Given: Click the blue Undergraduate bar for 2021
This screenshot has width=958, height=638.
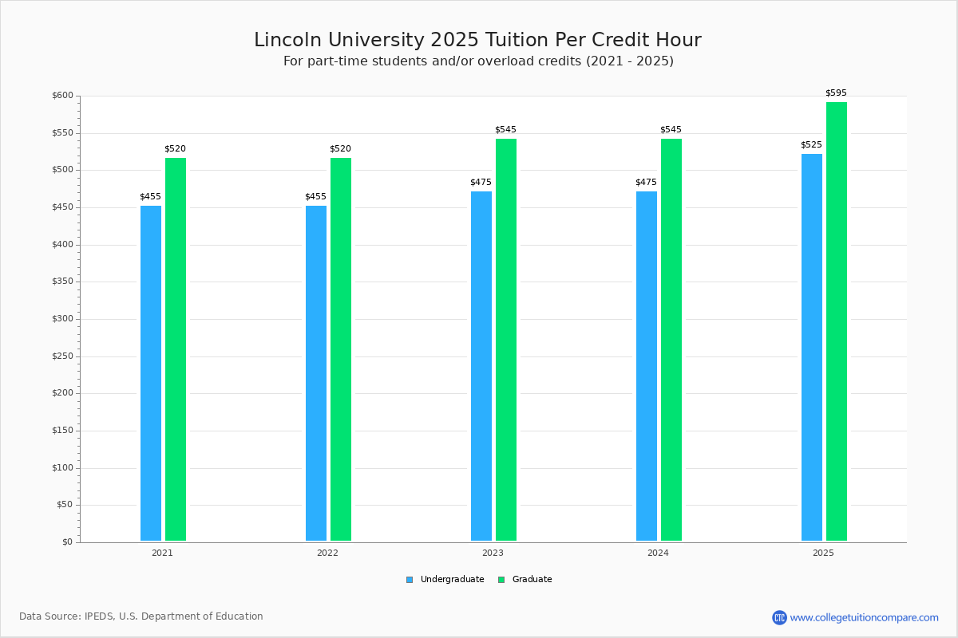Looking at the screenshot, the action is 151,373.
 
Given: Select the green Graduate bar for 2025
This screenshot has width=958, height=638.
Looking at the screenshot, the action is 837,321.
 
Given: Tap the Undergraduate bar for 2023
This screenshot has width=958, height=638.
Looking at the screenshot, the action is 481,366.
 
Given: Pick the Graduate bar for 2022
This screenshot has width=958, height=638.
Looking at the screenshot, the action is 341,349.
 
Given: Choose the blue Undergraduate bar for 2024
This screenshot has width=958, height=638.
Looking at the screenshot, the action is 647,366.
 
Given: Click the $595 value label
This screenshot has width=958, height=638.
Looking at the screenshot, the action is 836,93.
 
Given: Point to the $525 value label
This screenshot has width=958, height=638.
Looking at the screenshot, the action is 811,144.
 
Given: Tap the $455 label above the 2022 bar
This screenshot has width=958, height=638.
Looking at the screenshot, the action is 315,196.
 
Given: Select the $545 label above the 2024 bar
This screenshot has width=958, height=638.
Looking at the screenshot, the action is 671,129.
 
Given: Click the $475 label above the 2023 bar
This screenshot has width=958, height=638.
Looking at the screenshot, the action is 481,182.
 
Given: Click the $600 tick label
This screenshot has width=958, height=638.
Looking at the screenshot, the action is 62,95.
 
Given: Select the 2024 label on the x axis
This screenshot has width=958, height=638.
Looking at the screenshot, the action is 658,553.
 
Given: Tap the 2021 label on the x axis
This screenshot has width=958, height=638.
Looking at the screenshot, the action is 162,553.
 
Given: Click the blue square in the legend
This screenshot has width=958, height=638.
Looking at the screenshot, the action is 410,580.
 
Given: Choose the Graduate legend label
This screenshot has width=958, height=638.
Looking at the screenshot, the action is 532,580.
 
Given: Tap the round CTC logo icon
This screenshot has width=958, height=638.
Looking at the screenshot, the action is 779,617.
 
